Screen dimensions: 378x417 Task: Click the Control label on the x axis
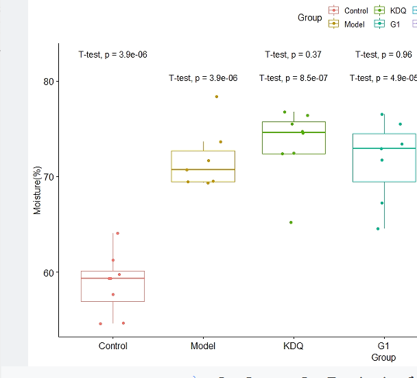112,346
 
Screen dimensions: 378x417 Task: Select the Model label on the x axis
203,346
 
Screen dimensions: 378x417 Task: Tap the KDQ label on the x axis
293,346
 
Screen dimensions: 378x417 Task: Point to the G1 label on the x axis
383,346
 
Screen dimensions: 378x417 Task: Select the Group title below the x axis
383,357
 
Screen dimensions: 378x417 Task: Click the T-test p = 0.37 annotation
293,55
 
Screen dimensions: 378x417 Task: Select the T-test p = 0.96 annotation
383,55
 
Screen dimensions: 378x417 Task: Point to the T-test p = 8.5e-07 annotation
293,78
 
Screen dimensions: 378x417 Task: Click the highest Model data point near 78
217,97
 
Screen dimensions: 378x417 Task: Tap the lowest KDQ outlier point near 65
291,222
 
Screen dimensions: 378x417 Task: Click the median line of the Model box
203,169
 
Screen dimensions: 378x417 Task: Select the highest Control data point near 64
117,233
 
